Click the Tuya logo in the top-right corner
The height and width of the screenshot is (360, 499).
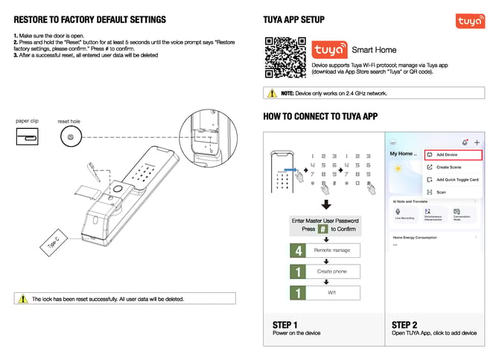tap(471, 23)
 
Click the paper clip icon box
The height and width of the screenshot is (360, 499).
tap(27, 137)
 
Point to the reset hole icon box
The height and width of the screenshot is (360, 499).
tap(69, 137)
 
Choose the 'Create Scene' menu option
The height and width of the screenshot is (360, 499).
tap(449, 167)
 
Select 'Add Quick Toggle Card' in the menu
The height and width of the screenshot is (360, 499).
tap(457, 180)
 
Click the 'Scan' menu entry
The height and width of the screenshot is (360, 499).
tap(441, 192)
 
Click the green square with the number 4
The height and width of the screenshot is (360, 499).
tap(299, 250)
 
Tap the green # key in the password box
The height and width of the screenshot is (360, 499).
tap(322, 230)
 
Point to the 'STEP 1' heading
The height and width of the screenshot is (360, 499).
tap(285, 324)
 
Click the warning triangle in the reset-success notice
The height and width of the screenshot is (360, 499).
tap(22, 299)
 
